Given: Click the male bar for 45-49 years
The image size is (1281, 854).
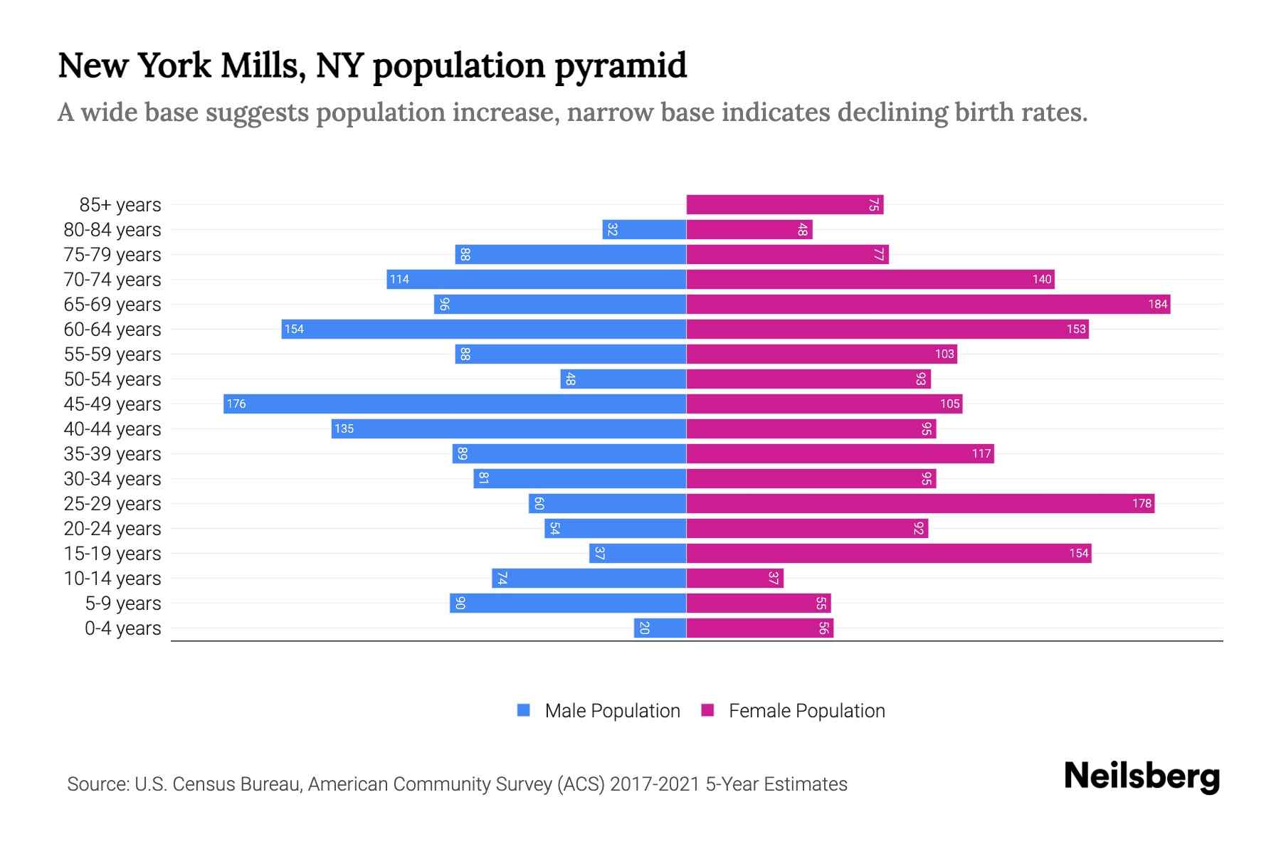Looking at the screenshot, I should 455,404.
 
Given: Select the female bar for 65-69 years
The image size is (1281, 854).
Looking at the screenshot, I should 928,304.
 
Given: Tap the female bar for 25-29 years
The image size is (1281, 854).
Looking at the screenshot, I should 920,503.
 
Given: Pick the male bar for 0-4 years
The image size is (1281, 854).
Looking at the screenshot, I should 660,628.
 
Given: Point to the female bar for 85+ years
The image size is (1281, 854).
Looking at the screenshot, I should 784,204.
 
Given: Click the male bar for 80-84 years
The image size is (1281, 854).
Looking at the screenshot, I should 644,229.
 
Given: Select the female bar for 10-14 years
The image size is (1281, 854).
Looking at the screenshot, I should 734,578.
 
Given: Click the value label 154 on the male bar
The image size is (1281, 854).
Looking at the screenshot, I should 294,329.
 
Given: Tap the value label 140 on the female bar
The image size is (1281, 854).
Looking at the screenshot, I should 1042,279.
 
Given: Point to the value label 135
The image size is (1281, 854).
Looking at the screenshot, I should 344,428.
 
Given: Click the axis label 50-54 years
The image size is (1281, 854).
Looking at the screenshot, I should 112,379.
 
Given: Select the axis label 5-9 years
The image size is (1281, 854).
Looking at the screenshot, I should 122,603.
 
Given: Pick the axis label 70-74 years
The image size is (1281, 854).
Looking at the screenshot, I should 112,279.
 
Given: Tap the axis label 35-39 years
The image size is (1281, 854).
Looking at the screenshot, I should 112,453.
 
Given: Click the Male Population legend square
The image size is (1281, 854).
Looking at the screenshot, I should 524,710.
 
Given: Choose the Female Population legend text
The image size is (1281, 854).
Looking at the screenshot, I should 806,710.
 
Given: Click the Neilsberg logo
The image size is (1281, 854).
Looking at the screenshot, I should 1142,776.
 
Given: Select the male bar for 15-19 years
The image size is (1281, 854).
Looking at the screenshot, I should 638,553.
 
